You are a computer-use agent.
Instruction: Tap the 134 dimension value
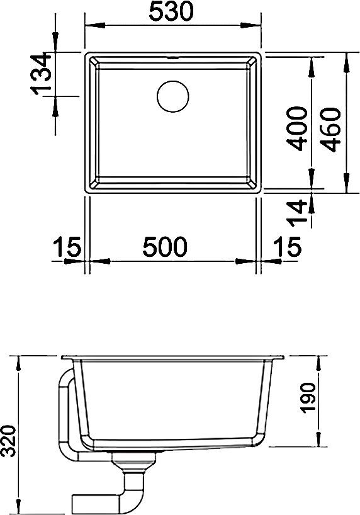click(42, 74)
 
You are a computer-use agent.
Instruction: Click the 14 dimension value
click(297, 213)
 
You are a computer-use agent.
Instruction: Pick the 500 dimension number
click(165, 247)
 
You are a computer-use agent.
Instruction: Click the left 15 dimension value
click(67, 247)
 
